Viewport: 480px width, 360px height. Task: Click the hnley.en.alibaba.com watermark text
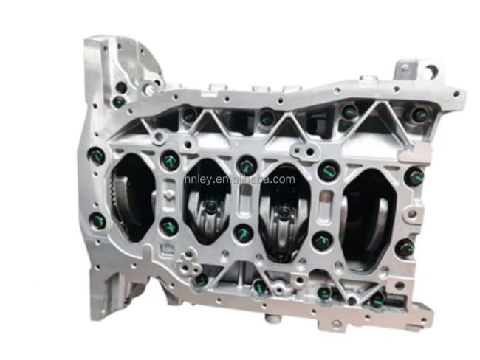coord(239,179)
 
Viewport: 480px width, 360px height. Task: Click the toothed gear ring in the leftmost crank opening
coord(118,202)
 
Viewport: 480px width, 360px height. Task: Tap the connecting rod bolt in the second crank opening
coord(210,206)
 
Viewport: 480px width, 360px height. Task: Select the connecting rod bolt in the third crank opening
coord(284,212)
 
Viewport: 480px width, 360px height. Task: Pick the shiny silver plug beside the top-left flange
coord(150,89)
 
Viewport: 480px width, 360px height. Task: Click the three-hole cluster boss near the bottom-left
coord(188,262)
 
